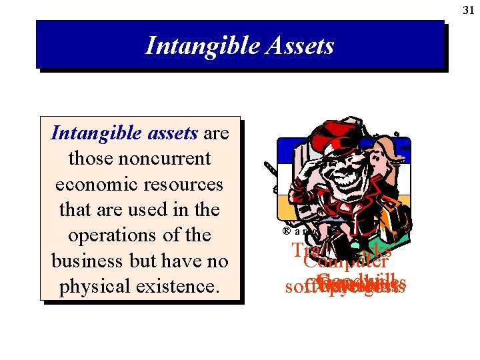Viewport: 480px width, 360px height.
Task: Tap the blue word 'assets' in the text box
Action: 173,133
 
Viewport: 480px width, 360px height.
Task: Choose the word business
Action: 85,260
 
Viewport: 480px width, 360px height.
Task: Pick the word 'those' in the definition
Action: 91,159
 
